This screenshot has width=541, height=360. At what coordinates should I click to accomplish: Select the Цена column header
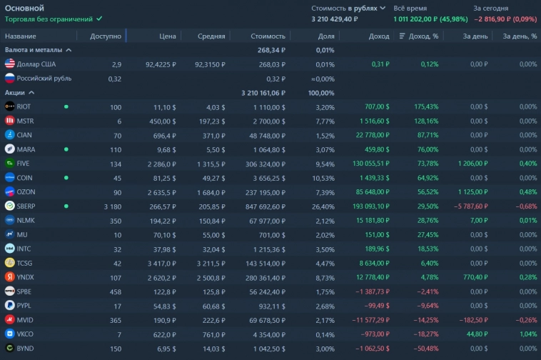coord(167,36)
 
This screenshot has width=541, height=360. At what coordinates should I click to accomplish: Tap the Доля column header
coord(325,36)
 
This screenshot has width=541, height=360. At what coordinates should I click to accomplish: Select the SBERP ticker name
coord(28,206)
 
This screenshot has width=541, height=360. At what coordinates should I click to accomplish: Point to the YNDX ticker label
coord(26,277)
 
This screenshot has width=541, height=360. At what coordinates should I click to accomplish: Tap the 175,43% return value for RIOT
coord(425,106)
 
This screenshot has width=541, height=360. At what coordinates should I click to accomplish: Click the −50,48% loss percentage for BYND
coord(424,348)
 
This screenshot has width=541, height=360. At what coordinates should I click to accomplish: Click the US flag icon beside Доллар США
coord(10,64)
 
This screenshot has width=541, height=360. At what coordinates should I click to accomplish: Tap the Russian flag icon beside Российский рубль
coord(10,79)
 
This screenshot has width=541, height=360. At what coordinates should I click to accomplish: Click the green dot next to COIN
coord(66,177)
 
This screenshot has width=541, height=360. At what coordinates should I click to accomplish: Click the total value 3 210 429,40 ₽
coord(335,19)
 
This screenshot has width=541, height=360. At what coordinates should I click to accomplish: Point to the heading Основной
coord(25,8)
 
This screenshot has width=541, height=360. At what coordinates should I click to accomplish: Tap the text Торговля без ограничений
coord(49,19)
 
